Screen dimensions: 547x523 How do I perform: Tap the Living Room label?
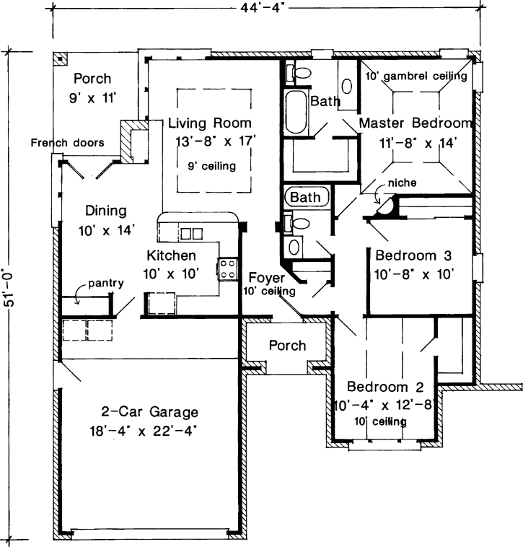point(210,123)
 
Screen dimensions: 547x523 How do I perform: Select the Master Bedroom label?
point(416,123)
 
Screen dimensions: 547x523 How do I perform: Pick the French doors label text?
point(67,142)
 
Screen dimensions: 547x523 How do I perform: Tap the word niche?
point(401,183)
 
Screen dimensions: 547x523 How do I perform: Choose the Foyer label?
point(266,277)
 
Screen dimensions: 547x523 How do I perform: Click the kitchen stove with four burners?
point(228,269)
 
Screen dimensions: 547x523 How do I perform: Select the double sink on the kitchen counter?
point(190,233)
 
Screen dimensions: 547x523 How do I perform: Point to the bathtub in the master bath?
point(296,112)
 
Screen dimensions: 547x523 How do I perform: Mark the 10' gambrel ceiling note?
point(416,75)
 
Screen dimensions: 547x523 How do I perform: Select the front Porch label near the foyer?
point(287,346)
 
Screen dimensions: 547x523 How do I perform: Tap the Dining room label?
point(106,211)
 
